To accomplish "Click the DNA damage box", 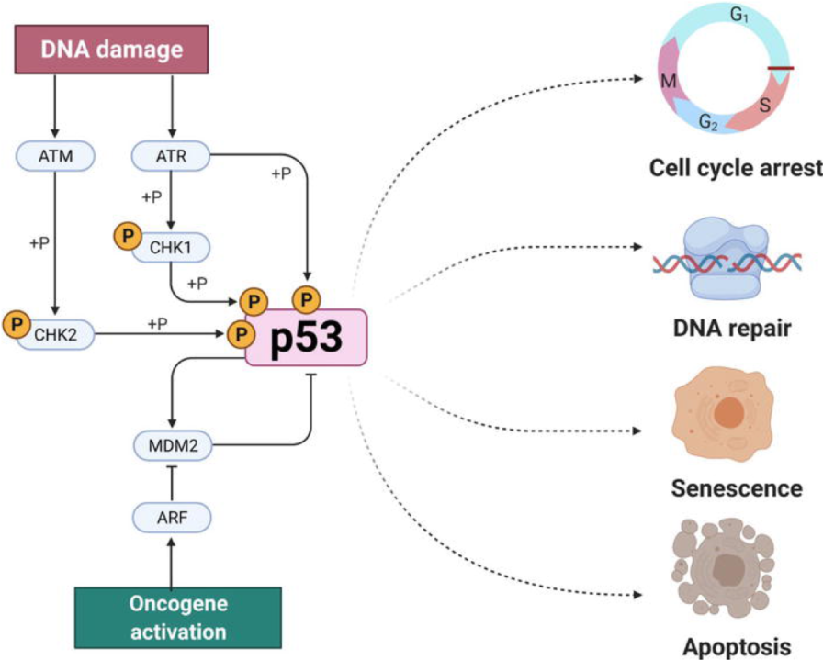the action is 111,50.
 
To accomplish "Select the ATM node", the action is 55,156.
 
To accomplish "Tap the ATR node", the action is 171,156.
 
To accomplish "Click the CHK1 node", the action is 171,247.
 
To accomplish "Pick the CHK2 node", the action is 55,334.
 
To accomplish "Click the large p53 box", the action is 306,338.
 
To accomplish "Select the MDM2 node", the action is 174,445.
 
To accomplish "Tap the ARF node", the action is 172,518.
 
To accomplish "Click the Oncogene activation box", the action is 178,618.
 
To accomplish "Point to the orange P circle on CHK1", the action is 128,236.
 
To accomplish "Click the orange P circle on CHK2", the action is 17,324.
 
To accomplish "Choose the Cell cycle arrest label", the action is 736,168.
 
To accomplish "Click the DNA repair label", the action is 732,329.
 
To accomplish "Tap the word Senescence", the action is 737,488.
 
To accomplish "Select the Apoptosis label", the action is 737,647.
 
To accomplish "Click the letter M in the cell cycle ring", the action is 668,81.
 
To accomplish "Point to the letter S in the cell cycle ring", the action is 765,106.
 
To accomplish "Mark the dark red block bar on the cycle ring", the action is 781,68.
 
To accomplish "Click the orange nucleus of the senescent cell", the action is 729,412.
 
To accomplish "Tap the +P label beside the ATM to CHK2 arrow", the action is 39,243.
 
